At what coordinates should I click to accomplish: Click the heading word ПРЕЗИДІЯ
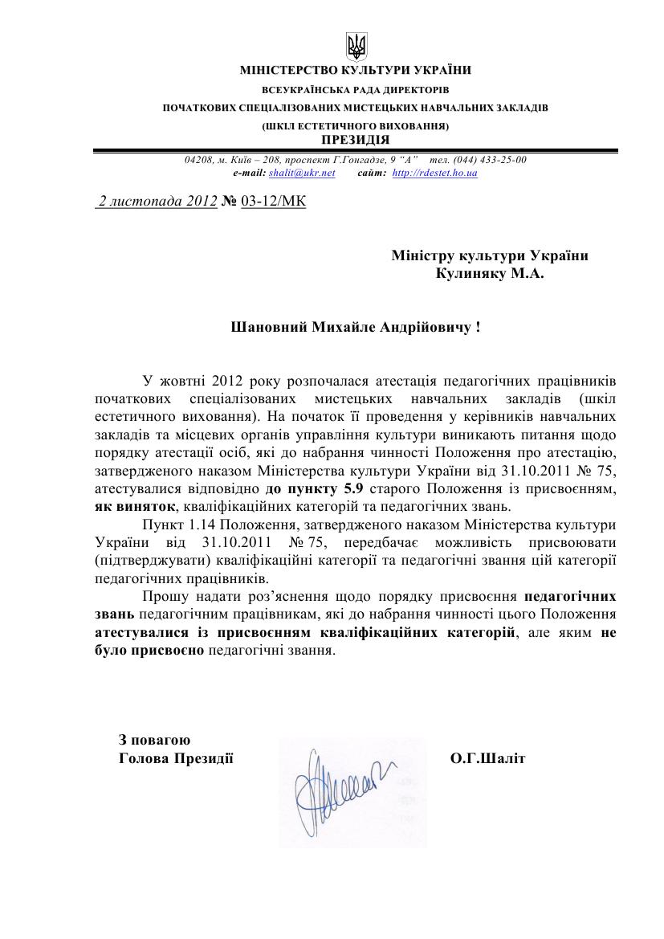click(356, 139)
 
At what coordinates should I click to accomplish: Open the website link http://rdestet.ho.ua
click(434, 173)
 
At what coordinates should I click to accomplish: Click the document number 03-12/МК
click(273, 202)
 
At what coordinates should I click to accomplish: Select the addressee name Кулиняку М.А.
click(490, 274)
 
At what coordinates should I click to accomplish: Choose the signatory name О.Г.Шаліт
click(488, 757)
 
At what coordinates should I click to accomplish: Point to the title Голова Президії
click(176, 757)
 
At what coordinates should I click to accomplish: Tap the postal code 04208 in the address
click(198, 160)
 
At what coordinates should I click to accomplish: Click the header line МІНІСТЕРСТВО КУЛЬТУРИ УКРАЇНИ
click(356, 70)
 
